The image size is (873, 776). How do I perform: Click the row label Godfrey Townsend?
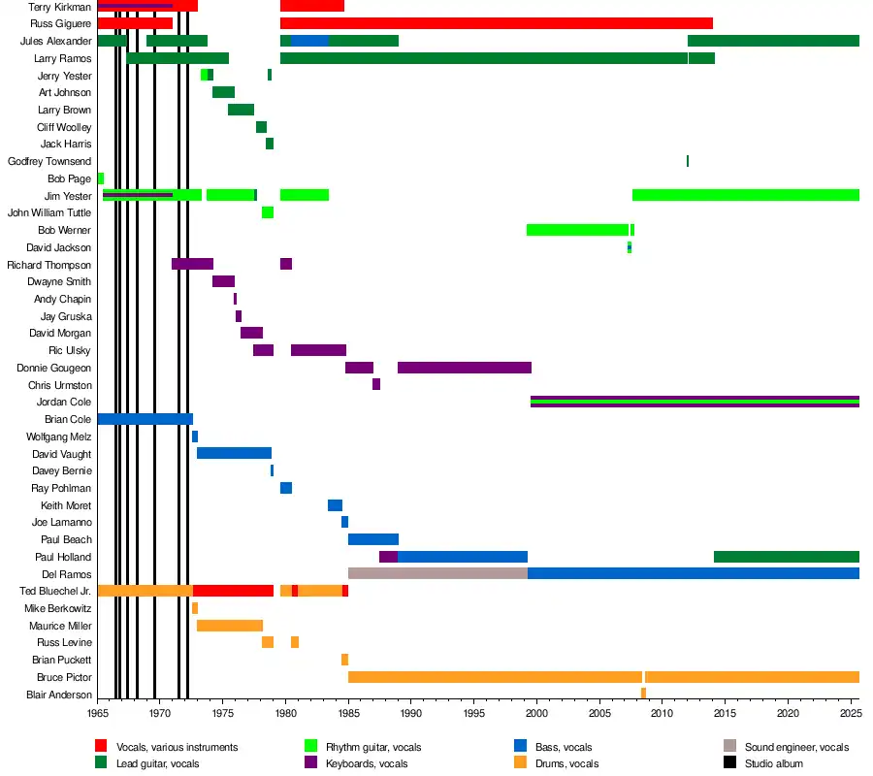49,161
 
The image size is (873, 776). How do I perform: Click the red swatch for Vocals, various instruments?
101,747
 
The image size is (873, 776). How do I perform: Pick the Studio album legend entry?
773,763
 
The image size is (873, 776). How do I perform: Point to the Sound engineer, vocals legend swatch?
730,747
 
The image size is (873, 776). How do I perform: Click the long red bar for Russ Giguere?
496,23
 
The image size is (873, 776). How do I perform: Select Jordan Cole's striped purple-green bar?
695,402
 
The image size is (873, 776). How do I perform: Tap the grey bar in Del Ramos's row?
437,573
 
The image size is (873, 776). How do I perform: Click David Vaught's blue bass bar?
234,453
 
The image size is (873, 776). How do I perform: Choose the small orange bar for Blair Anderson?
643,694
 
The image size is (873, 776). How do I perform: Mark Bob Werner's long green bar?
577,230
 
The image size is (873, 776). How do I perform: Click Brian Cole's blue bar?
145,419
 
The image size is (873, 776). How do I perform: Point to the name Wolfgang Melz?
59,436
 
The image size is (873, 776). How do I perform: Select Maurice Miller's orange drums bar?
230,626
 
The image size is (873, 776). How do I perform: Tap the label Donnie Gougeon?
54,368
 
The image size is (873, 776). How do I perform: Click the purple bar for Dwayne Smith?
223,281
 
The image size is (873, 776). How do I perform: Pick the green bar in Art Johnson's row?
223,92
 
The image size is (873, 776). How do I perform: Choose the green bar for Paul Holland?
787,557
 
